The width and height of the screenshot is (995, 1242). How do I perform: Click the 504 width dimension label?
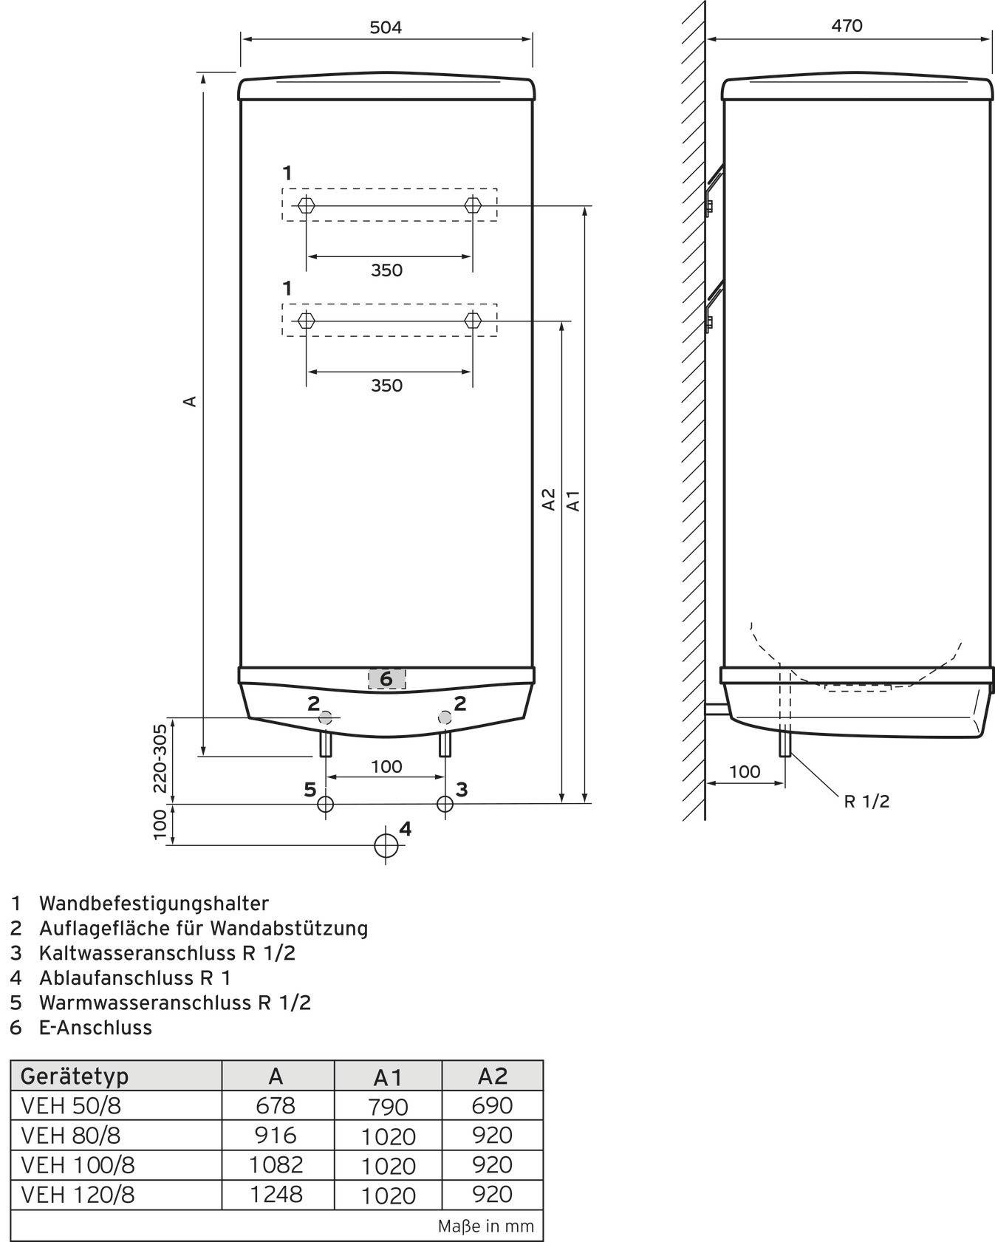click(386, 27)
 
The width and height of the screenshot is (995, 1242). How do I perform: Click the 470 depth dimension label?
click(847, 26)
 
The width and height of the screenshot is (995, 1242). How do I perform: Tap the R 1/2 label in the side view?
click(866, 801)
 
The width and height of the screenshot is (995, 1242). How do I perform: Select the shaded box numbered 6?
click(386, 678)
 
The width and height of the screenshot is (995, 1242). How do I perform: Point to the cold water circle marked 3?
click(445, 804)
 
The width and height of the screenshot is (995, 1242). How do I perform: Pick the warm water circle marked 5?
click(325, 804)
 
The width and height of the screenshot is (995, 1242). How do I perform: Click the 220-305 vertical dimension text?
click(160, 758)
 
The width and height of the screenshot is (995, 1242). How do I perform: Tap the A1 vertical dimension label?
click(573, 500)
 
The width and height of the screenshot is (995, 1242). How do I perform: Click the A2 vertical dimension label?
click(549, 499)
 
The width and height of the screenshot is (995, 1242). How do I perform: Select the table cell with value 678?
click(275, 1105)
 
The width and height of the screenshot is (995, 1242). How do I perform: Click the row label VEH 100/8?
click(78, 1164)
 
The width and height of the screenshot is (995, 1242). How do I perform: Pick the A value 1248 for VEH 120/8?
click(276, 1194)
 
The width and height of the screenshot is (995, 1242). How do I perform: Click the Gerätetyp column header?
click(74, 1076)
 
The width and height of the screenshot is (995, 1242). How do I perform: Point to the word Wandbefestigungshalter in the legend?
click(154, 903)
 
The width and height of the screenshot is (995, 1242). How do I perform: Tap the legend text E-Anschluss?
click(95, 1027)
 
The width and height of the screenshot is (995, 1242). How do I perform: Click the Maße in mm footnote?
click(485, 1226)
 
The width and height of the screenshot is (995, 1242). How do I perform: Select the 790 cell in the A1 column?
click(389, 1107)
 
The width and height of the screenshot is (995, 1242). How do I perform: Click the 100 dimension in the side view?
click(744, 771)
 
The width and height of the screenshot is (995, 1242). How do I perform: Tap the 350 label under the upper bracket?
click(386, 270)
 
